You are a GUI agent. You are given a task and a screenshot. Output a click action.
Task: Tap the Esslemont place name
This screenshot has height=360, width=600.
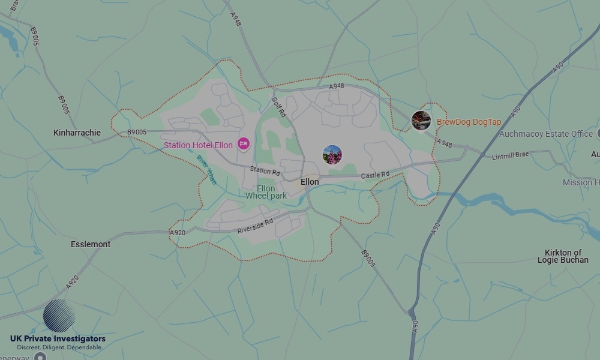[x=91, y=244]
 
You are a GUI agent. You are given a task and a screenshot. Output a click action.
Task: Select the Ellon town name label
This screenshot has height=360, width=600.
[x=310, y=182]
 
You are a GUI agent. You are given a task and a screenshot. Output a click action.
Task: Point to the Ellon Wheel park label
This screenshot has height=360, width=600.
[x=266, y=192]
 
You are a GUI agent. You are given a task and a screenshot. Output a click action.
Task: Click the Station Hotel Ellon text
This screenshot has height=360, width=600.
[x=198, y=145]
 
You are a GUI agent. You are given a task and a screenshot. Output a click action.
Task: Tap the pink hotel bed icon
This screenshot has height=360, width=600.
[x=243, y=144]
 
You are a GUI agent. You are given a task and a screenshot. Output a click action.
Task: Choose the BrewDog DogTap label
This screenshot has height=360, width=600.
[x=469, y=122]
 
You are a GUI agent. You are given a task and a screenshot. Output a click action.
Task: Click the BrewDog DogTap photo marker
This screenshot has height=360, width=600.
[x=421, y=121]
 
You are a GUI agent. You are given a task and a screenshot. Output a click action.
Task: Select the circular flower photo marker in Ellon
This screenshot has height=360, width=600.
[x=332, y=155]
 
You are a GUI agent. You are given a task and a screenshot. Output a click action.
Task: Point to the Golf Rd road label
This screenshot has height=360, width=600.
[x=279, y=107]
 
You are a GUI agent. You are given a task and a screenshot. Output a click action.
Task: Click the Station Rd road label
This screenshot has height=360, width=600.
[x=265, y=171]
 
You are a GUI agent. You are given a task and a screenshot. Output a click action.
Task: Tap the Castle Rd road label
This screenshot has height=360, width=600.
[x=375, y=175]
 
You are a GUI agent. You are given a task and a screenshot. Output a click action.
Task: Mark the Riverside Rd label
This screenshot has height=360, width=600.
[x=255, y=225]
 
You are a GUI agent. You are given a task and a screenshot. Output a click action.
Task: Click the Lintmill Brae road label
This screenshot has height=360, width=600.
[x=511, y=155]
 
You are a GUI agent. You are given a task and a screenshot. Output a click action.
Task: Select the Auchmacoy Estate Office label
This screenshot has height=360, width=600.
[x=546, y=134]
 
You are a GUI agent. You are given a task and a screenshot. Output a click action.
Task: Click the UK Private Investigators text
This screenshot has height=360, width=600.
[x=58, y=339]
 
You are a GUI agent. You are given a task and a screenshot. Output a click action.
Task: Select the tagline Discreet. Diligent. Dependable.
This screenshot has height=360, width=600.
[x=59, y=347]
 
